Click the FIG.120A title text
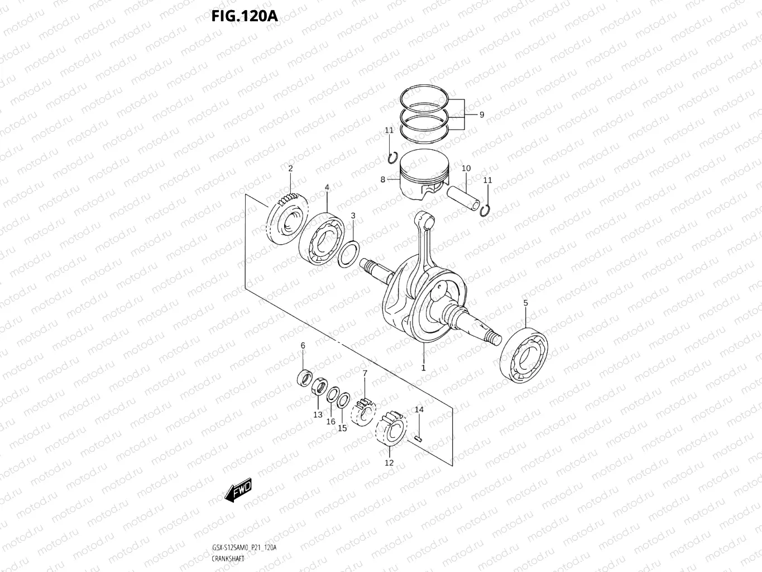[x=244, y=15]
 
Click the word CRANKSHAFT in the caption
[x=228, y=559]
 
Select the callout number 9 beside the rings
[x=481, y=115]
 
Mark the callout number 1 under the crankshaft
[x=423, y=368]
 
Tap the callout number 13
[x=318, y=414]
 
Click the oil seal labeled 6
[x=304, y=378]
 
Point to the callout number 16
[x=330, y=422]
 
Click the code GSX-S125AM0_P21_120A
[x=244, y=547]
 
